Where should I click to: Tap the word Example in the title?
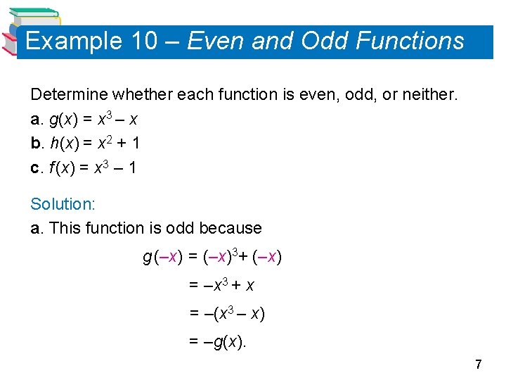point(73,41)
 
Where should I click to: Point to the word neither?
point(430,94)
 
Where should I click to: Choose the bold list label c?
point(36,168)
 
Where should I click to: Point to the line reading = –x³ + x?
point(222,285)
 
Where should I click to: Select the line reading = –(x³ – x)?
point(227,313)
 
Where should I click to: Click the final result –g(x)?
point(224,341)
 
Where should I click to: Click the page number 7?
point(479,364)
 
